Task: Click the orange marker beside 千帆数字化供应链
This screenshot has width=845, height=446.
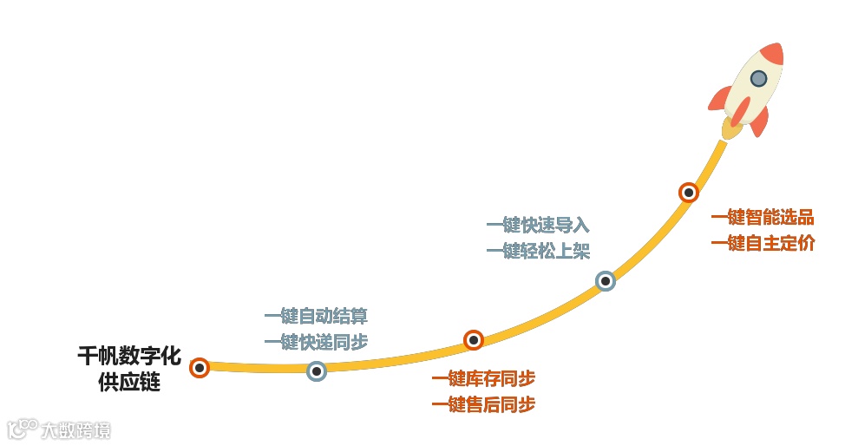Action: pyautogui.click(x=200, y=368)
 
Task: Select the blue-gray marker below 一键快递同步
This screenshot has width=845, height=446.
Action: pyautogui.click(x=317, y=371)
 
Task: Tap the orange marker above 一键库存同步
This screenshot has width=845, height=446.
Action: pyautogui.click(x=473, y=340)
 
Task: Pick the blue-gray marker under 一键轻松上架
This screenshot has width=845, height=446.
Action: pyautogui.click(x=605, y=281)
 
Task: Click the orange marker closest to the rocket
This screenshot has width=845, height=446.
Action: pyautogui.click(x=688, y=193)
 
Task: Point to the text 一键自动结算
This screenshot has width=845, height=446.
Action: pyautogui.click(x=316, y=317)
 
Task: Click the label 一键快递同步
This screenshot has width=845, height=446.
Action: pyautogui.click(x=316, y=342)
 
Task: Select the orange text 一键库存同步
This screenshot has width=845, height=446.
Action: pyautogui.click(x=483, y=379)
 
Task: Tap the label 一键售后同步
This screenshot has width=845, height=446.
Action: pyautogui.click(x=483, y=404)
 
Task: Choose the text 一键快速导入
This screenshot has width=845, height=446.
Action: pyautogui.click(x=538, y=226)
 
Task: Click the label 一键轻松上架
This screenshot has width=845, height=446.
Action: pyautogui.click(x=538, y=252)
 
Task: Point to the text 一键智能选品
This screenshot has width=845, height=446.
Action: pyautogui.click(x=763, y=218)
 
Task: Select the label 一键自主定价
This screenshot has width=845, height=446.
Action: pyautogui.click(x=763, y=244)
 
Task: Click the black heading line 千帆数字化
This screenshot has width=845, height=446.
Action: pyautogui.click(x=129, y=357)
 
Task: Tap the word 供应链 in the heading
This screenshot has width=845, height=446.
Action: pyautogui.click(x=130, y=383)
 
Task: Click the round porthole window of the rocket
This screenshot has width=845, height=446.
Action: pyautogui.click(x=758, y=79)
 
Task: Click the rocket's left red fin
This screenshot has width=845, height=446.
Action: pyautogui.click(x=719, y=100)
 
